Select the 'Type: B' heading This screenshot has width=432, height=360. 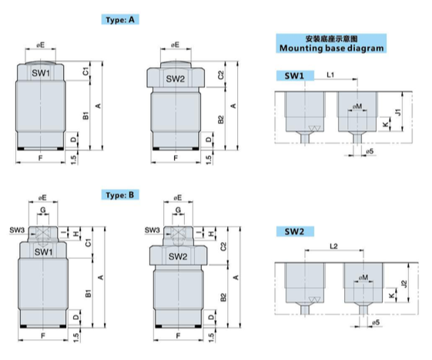[x=122, y=195]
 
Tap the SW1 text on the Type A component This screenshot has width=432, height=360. [x=42, y=73]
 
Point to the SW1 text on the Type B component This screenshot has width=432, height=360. [x=42, y=252]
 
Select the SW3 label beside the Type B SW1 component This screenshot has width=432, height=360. [x=15, y=230]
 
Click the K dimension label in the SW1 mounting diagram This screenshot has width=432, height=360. [x=385, y=123]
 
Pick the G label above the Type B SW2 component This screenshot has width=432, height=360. [x=177, y=210]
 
